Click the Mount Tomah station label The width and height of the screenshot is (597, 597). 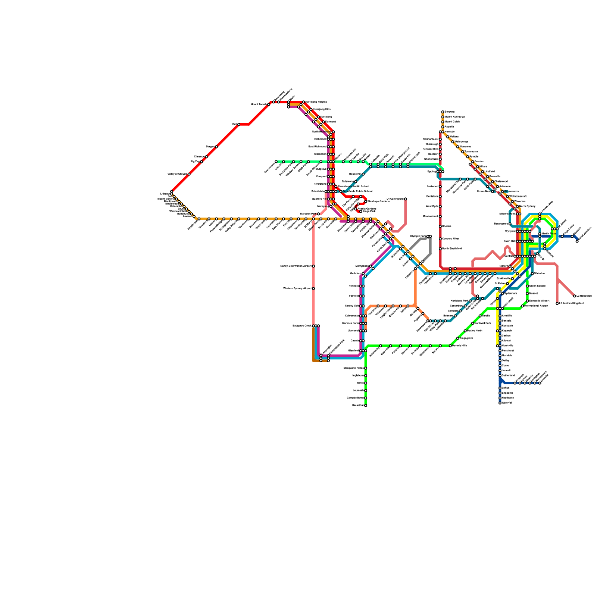tap(259, 104)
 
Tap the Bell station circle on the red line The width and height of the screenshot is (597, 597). tap(239, 124)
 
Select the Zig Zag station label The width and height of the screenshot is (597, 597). tap(195, 162)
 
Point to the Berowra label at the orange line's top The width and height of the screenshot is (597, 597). tap(450, 112)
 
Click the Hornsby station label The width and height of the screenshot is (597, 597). tap(450, 132)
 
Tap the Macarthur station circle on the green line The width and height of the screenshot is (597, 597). tap(366, 406)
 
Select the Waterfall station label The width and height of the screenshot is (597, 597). tap(507, 403)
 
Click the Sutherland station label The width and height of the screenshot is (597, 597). tap(508, 375)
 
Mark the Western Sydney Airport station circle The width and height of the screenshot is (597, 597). tap(313, 288)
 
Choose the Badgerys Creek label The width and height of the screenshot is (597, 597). tap(302, 326)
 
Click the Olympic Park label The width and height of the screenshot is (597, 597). tap(418, 236)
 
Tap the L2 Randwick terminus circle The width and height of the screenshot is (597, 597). tap(575, 296)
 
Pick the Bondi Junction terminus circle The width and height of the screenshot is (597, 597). tap(577, 241)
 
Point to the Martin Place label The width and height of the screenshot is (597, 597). tap(549, 234)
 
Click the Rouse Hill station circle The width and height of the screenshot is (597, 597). tap(363, 174)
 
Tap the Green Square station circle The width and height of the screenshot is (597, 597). tap(527, 286)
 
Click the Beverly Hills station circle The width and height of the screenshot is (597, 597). tap(450, 346)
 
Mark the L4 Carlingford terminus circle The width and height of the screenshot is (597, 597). tap(406, 199)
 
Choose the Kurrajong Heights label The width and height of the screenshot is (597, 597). tap(316, 102)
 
